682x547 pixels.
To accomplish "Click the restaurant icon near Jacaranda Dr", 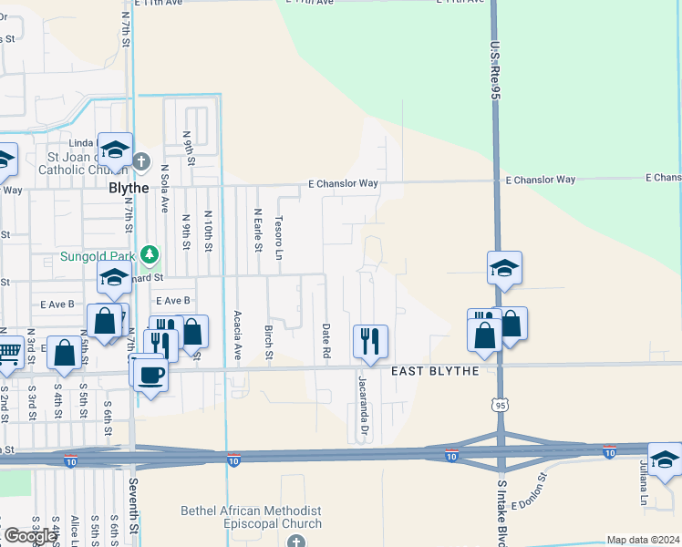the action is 370,342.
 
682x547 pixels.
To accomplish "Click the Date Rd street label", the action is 325,340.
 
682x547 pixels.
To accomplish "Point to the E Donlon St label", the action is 528,492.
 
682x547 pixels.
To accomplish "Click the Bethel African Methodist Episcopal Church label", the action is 252,517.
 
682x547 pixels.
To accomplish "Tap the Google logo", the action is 29,536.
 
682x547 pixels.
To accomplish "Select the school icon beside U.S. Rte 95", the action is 504,268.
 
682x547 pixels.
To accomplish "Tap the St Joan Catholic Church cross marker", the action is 140,162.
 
